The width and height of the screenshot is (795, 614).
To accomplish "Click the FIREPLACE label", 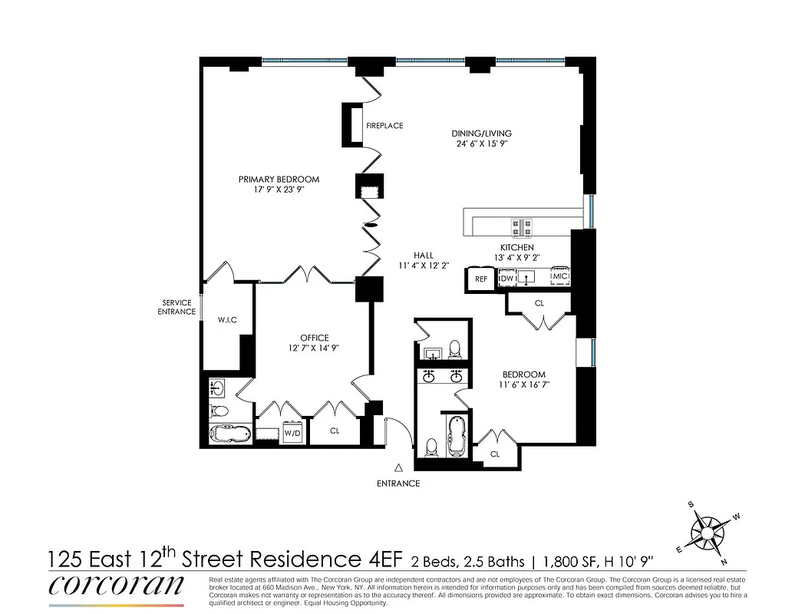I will point(384,126).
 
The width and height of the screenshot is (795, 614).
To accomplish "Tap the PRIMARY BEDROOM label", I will point(279,180).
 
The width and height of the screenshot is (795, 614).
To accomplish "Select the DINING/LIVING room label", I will point(481,134).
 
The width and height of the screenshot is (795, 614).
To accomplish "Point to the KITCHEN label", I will point(516,247).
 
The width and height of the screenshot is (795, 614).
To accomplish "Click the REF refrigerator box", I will point(481,279).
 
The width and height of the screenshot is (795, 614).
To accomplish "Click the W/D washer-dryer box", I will point(292,433).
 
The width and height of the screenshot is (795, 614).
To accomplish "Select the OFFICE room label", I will point(315,338).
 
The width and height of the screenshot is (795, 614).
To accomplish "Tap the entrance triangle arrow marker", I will point(398,467).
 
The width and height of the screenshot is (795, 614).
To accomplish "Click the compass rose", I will point(709,530).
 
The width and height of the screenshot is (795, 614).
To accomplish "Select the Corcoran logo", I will point(117,585).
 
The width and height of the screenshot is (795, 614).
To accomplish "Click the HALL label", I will point(422,256).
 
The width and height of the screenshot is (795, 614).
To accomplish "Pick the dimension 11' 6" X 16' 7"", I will point(525,384).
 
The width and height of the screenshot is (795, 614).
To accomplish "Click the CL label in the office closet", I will point(335,431).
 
